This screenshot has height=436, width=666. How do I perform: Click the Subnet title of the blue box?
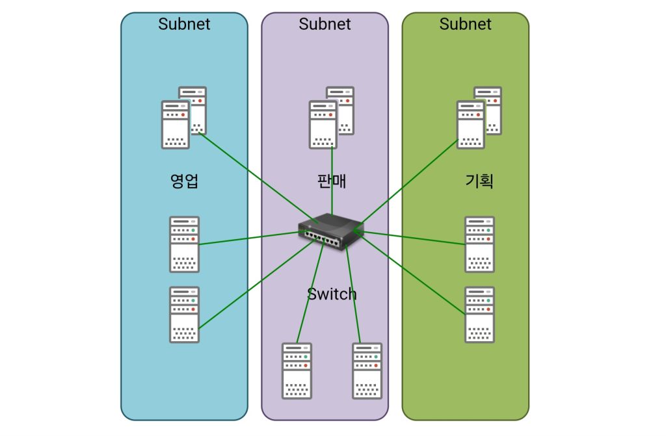click(184, 24)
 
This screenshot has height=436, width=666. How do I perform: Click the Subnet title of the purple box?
click(325, 24)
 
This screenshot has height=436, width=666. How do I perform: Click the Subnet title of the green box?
click(465, 24)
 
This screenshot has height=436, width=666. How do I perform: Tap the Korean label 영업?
click(184, 181)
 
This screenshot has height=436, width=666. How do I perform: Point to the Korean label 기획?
click(479, 181)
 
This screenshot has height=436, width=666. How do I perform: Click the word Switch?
click(332, 294)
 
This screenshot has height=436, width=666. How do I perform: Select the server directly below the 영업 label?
click(185, 244)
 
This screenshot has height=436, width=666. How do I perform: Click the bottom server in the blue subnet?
click(185, 314)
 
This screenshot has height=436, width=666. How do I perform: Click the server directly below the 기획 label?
click(480, 244)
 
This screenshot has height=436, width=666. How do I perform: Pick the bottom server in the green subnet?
click(480, 314)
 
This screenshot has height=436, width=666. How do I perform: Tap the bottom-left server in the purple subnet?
click(297, 370)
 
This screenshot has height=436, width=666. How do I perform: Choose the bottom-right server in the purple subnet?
click(367, 370)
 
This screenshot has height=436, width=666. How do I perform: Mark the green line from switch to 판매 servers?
click(332, 182)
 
